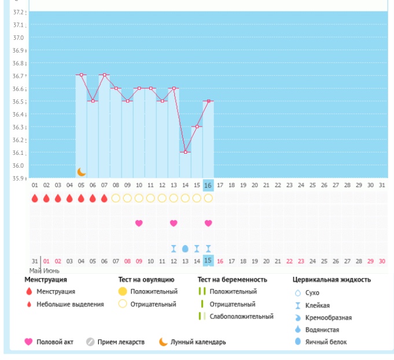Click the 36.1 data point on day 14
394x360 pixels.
pos(185,152)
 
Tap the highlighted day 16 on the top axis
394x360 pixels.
pos(208,185)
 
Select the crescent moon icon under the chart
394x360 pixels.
pos(82,172)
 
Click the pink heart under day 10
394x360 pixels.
pos(139,223)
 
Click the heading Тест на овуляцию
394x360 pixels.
pos(146,280)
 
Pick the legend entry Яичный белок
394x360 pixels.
pos(324,342)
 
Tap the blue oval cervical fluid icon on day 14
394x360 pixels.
pos(185,248)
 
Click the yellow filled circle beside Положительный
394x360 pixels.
pos(122,292)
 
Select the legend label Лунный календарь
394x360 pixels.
pos(198,342)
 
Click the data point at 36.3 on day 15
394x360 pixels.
pos(197,127)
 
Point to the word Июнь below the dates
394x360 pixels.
pos(51,270)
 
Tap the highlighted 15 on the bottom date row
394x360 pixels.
pos(208,261)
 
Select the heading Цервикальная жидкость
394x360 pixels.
pos(332,280)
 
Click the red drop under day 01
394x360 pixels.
pos(35,198)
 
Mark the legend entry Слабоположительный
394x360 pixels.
pos(241,316)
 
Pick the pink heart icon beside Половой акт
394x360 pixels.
pos(28,342)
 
